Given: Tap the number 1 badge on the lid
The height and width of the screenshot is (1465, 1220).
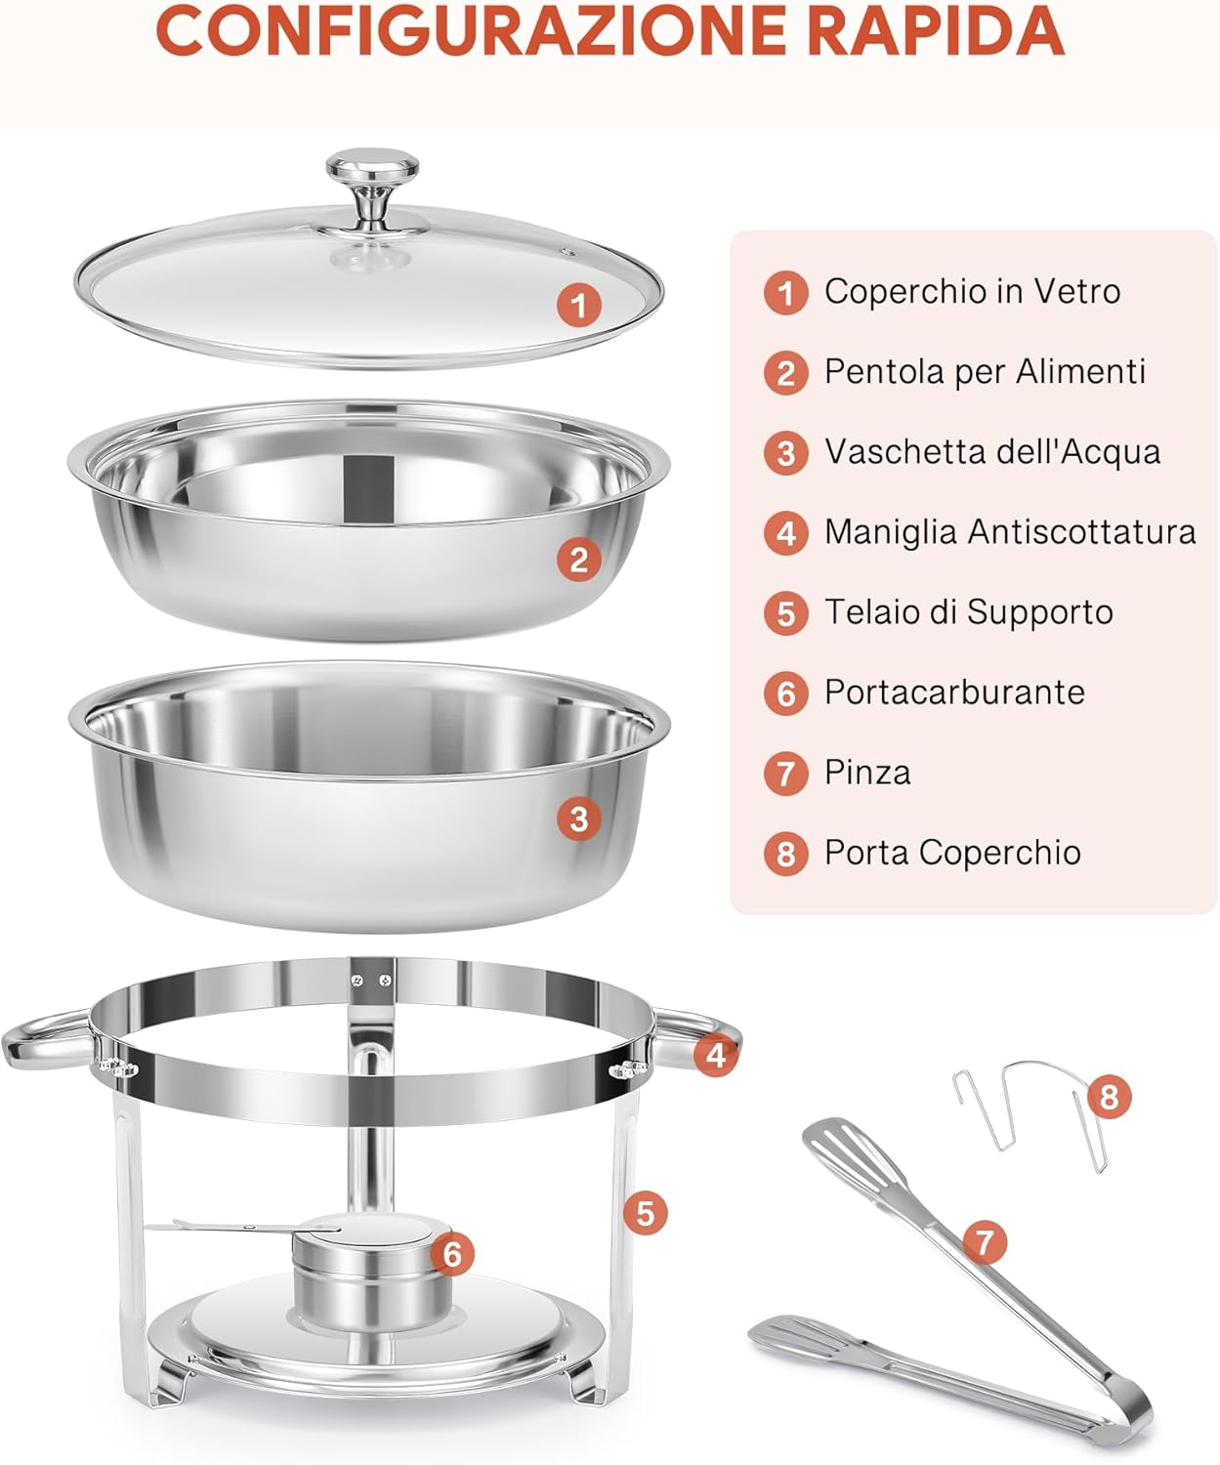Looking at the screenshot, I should click(x=578, y=305).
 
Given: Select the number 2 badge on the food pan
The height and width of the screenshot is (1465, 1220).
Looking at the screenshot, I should click(x=578, y=560).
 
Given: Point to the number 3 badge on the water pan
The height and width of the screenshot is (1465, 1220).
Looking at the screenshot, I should click(x=578, y=817).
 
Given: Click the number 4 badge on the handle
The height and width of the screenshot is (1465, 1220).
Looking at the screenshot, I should click(x=716, y=1055).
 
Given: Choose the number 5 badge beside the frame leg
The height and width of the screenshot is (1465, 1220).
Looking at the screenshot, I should click(x=645, y=1213).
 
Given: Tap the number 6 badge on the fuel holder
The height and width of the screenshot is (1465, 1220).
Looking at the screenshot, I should click(x=452, y=1253).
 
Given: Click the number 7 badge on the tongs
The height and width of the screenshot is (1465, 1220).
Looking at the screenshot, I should click(x=985, y=1241).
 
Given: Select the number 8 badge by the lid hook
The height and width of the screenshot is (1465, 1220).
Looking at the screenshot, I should click(x=1108, y=1096).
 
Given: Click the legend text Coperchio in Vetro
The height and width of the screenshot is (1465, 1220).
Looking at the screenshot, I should click(x=972, y=291).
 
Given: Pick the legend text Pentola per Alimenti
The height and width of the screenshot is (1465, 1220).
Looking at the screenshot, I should click(x=985, y=371).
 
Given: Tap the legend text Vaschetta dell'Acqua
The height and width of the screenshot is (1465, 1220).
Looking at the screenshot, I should click(x=992, y=451).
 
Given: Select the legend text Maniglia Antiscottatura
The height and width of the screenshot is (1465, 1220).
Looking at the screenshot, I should click(x=1010, y=531).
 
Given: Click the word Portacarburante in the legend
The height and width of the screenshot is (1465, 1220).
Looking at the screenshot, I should click(x=954, y=691).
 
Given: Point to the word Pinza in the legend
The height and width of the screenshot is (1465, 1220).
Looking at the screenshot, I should click(x=867, y=772).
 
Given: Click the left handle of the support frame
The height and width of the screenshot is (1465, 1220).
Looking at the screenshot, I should click(x=44, y=1040).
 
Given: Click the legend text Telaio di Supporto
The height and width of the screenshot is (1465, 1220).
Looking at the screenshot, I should click(x=969, y=611).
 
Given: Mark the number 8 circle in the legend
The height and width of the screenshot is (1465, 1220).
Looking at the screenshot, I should click(x=786, y=853).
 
